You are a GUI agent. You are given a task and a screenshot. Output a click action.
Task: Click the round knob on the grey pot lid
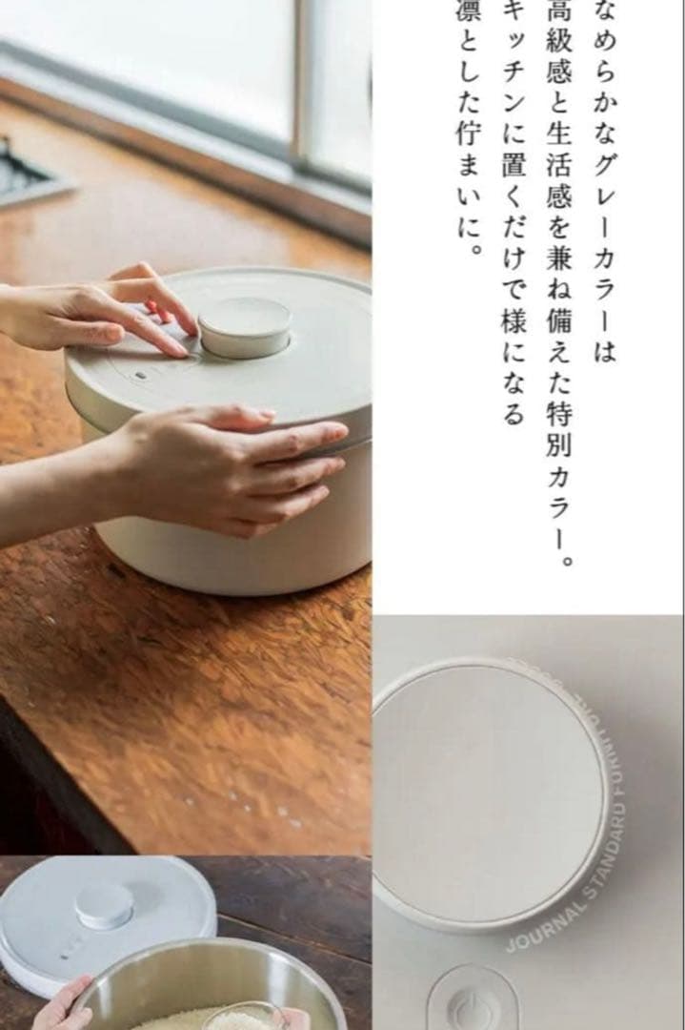(245, 326)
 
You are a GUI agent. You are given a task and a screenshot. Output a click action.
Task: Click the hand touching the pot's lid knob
(105, 310)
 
